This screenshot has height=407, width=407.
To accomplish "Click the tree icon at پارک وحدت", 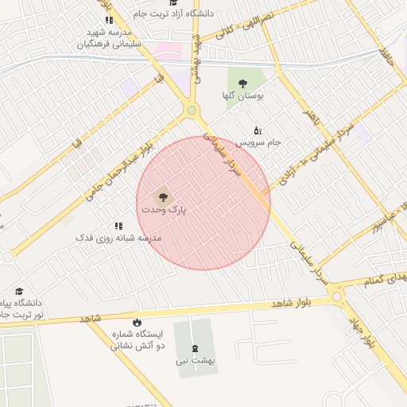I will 162,194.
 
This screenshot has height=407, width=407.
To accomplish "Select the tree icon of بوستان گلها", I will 243,83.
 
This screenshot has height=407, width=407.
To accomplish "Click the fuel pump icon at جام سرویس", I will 257,130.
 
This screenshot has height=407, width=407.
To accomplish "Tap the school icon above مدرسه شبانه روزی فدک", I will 118,227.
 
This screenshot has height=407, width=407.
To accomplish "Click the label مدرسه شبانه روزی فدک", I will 118,238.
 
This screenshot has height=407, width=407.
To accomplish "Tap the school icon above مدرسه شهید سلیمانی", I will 109,20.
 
